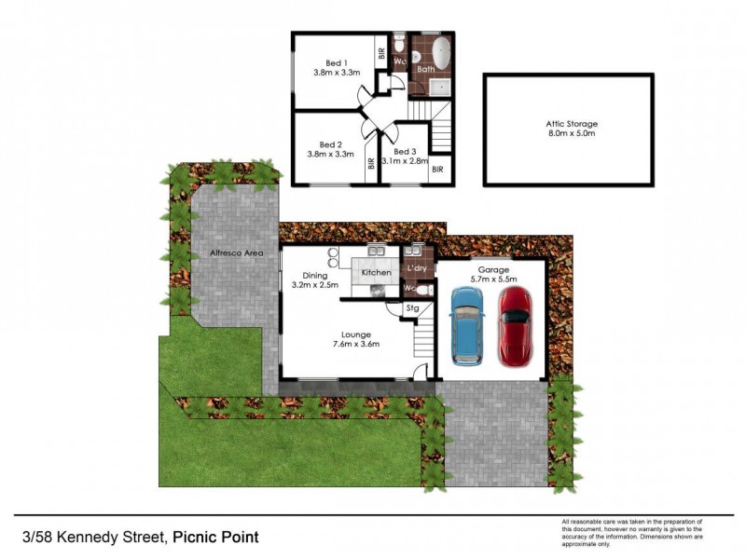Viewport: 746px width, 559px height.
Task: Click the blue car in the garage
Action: tap(467, 326)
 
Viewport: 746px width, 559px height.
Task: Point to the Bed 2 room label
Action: tap(331, 144)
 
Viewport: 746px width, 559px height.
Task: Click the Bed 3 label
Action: tap(405, 151)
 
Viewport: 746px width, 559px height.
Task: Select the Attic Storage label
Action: tap(572, 123)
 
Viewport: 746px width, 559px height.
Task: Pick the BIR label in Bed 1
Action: tap(381, 53)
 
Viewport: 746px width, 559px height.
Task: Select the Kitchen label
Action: tap(377, 272)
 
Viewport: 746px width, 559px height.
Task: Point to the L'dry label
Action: tap(417, 268)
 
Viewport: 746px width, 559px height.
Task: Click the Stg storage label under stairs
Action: tap(412, 307)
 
